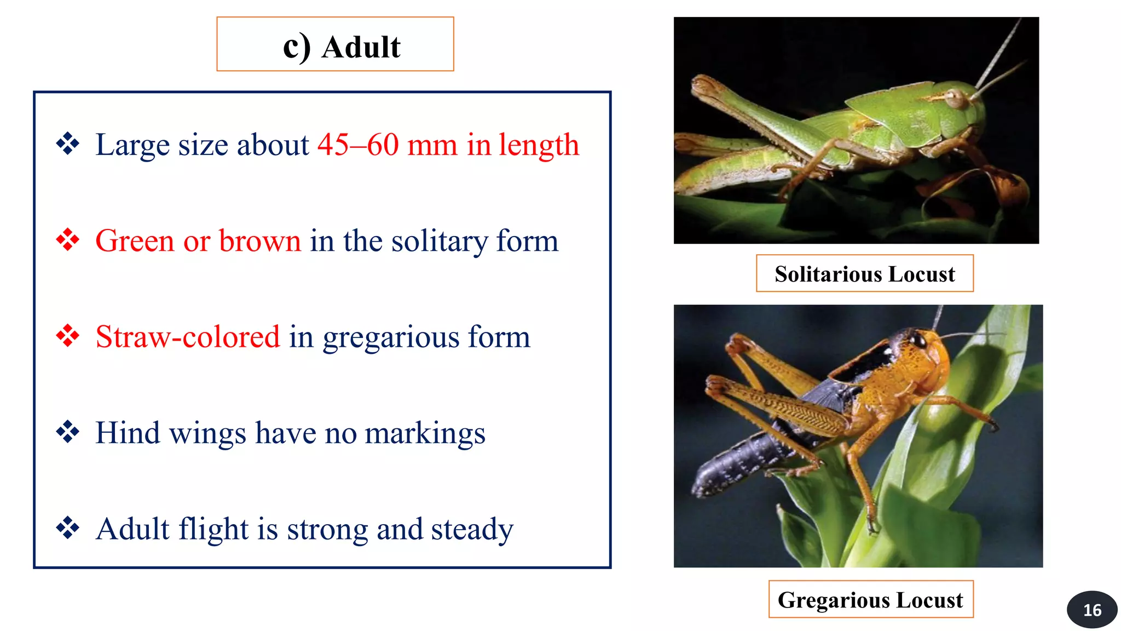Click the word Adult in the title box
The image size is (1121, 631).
(x=361, y=47)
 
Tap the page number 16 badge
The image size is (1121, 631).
(x=1091, y=610)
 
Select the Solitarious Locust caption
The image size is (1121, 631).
(x=864, y=274)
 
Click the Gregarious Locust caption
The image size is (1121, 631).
(x=870, y=600)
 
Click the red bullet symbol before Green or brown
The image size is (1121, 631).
(x=68, y=240)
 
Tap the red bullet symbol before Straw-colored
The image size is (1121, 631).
(x=68, y=336)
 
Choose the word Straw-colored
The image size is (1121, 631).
(x=188, y=337)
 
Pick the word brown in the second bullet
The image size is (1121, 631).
(x=260, y=241)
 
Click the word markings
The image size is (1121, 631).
(x=425, y=434)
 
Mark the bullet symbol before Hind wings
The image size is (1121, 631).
(x=68, y=432)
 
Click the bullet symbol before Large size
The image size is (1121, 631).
(x=68, y=144)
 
